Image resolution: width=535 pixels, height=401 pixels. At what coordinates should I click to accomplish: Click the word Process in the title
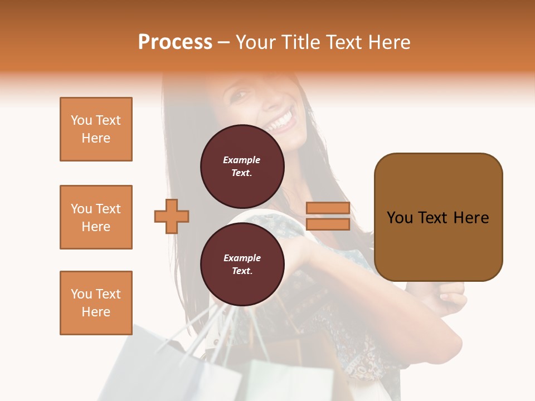point(175,42)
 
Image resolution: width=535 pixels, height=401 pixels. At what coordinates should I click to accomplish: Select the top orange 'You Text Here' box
point(96,129)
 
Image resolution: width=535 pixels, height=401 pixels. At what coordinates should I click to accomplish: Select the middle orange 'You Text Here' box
point(96,217)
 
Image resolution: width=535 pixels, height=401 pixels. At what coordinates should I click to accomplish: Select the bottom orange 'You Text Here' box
point(96,302)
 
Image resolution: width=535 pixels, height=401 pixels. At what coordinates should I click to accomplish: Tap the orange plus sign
point(172,216)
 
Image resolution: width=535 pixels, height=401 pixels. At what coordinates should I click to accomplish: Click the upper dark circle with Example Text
point(242,166)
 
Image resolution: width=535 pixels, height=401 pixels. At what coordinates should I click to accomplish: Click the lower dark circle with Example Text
point(242,264)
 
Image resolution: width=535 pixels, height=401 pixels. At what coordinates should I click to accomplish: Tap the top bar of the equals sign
point(328,208)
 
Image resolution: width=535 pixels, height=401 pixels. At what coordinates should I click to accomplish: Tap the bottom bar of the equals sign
point(328,224)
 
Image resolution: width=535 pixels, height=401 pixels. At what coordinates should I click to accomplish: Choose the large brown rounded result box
point(438,217)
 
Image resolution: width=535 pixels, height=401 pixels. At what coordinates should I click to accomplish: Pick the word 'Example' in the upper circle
point(242,160)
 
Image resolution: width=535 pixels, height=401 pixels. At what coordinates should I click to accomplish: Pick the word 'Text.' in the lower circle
point(242,271)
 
